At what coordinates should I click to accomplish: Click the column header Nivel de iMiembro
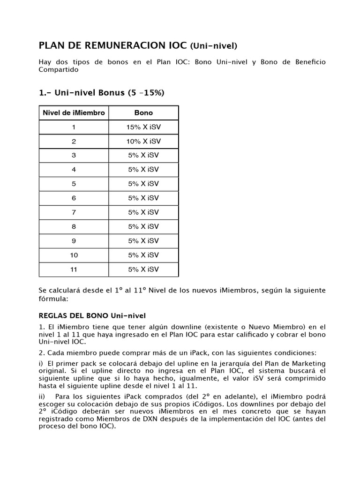[74, 113]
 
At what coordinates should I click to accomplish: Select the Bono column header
[143, 113]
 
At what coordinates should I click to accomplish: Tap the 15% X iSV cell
[143, 127]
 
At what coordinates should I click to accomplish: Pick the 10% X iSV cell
[143, 141]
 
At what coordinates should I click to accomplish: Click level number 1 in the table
[74, 127]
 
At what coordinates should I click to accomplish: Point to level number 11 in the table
[74, 269]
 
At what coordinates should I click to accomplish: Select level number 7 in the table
[74, 212]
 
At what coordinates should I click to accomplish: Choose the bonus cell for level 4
[143, 170]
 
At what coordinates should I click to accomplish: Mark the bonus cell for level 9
[143, 241]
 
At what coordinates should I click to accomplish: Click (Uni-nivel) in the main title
[214, 46]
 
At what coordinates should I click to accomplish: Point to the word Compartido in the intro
[58, 70]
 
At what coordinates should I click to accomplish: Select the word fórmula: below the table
[53, 298]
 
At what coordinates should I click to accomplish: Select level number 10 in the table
[74, 255]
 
